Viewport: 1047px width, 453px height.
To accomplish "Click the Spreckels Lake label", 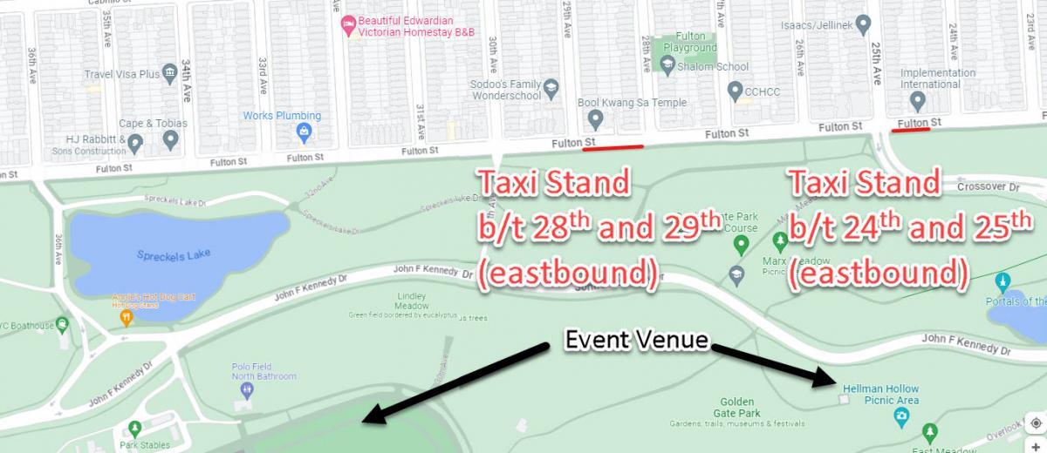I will tap(174, 255).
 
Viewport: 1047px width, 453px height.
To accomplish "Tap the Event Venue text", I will tap(635, 340).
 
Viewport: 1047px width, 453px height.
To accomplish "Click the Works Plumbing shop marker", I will tap(304, 132).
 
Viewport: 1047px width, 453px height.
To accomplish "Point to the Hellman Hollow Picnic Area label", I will tap(880, 395).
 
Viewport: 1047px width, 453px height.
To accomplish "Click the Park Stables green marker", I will tap(134, 428).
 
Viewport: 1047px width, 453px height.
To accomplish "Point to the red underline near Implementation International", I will tap(912, 131).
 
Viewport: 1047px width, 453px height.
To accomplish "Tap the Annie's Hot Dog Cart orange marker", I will tap(126, 318).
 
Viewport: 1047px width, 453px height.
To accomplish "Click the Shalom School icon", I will tap(667, 66).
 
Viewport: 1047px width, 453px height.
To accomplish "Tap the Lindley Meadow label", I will tap(412, 301).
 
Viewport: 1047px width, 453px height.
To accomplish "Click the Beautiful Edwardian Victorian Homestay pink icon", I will tap(348, 25).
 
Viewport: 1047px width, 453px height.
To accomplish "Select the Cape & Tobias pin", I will tap(171, 138).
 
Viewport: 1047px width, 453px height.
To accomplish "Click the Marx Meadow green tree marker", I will tap(779, 239).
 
